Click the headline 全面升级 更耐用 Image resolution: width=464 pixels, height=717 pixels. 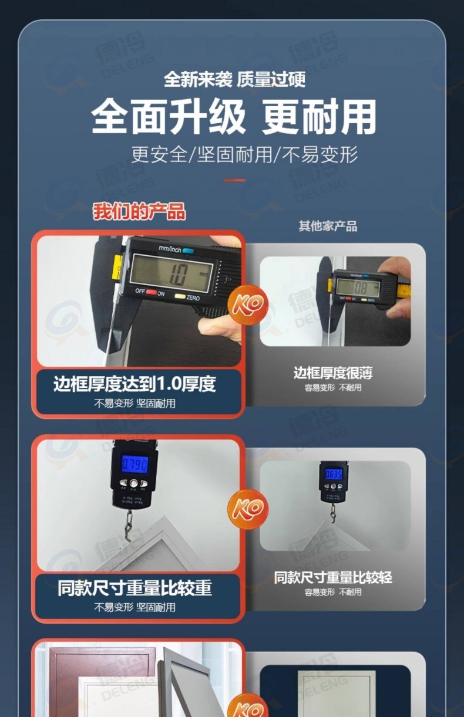(x=234, y=117)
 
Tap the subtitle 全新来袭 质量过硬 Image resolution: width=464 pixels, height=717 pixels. (x=234, y=79)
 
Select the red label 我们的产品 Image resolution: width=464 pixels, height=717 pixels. (x=139, y=211)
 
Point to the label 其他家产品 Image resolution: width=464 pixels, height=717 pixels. (x=328, y=226)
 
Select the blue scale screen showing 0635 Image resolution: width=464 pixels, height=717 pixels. (x=334, y=474)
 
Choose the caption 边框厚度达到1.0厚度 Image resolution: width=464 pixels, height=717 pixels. (x=135, y=384)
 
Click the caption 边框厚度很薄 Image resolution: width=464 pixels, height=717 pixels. (x=333, y=373)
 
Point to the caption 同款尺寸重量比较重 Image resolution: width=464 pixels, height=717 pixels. (x=135, y=588)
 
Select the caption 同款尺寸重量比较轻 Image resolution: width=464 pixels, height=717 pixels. (x=333, y=577)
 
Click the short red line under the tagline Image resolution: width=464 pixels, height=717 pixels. (x=234, y=180)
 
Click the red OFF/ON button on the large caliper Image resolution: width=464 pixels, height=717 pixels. (x=152, y=292)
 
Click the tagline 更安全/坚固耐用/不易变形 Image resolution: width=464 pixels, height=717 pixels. (x=244, y=155)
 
